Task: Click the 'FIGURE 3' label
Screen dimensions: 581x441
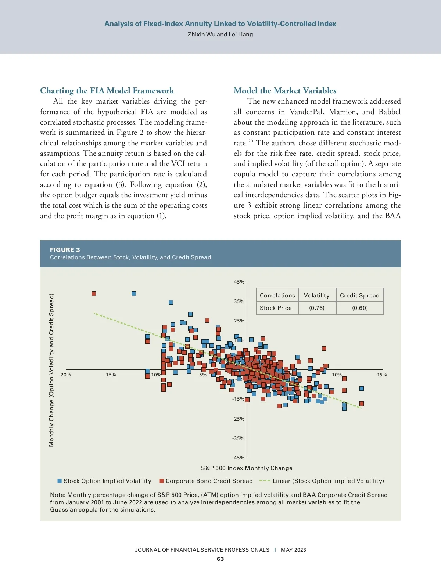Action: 65,250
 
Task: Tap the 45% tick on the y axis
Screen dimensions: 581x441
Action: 239,282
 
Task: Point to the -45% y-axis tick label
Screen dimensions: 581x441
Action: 238,458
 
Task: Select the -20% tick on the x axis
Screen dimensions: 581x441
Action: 65,375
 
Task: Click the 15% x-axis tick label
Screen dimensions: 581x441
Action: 382,375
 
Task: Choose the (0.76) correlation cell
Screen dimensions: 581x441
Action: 317,308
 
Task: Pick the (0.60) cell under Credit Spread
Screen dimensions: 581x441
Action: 360,308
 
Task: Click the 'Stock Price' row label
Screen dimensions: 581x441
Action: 276,308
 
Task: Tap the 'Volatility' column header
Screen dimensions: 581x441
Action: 317,295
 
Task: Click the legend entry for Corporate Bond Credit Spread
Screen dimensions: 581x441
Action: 206,481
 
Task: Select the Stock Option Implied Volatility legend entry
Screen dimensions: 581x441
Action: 104,481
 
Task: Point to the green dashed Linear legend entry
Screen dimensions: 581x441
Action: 322,481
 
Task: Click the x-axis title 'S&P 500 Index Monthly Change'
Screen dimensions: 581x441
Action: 247,468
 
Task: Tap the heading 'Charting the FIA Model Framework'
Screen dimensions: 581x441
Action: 107,91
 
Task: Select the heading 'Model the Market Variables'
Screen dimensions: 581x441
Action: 285,91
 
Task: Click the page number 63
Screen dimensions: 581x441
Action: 220,559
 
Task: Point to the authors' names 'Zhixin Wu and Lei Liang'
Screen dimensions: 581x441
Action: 220,34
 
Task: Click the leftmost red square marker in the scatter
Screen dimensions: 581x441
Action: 94,293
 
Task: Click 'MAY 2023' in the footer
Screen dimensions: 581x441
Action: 293,550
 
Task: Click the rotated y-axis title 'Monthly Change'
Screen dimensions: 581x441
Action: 51,370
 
